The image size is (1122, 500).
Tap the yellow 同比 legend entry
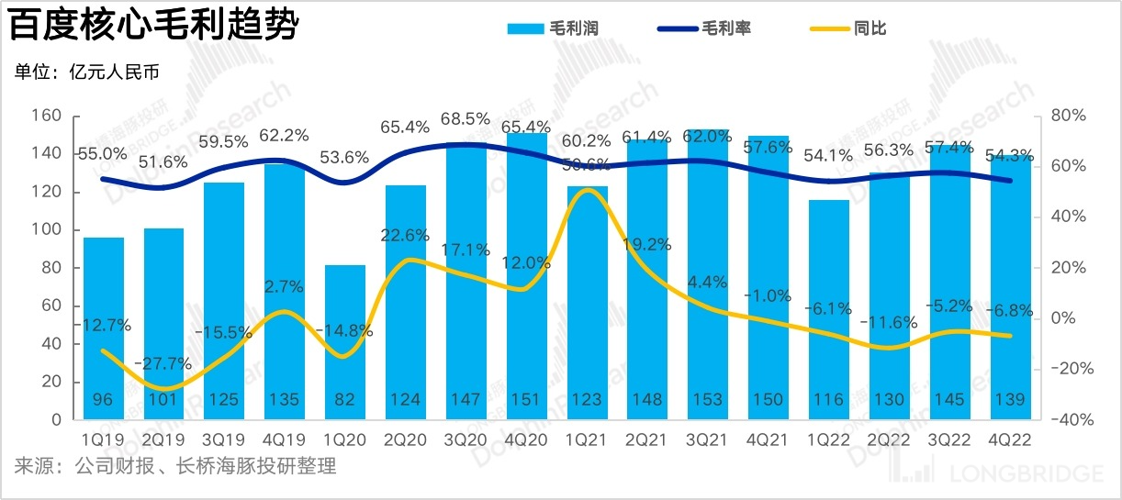pyautogui.click(x=850, y=28)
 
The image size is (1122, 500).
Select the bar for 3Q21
pyautogui.click(x=708, y=275)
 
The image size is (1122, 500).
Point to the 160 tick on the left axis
pyautogui.click(x=45, y=116)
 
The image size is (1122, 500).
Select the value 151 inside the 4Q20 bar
pyautogui.click(x=526, y=400)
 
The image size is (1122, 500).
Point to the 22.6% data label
pyautogui.click(x=405, y=235)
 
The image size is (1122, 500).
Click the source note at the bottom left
pyautogui.click(x=174, y=467)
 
